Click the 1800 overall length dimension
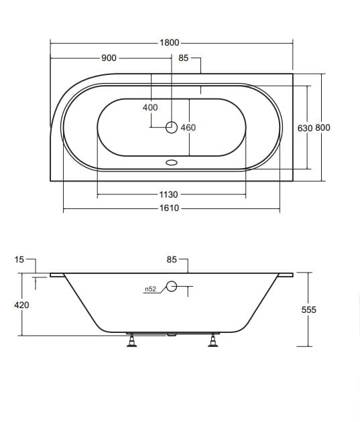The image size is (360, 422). coord(170,42)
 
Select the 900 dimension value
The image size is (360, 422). coord(109,58)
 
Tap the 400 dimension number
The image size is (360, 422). coord(150,107)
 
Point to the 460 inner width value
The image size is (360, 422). coord(188,127)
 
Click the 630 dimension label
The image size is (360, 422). coord(305,128)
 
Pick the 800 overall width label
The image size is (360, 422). coord(322,127)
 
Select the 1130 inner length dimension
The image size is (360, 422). coord(168,194)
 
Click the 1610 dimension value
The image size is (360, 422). coord(170,208)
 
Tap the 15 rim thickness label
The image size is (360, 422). coord(19,259)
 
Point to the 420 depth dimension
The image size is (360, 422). coord(21,305)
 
